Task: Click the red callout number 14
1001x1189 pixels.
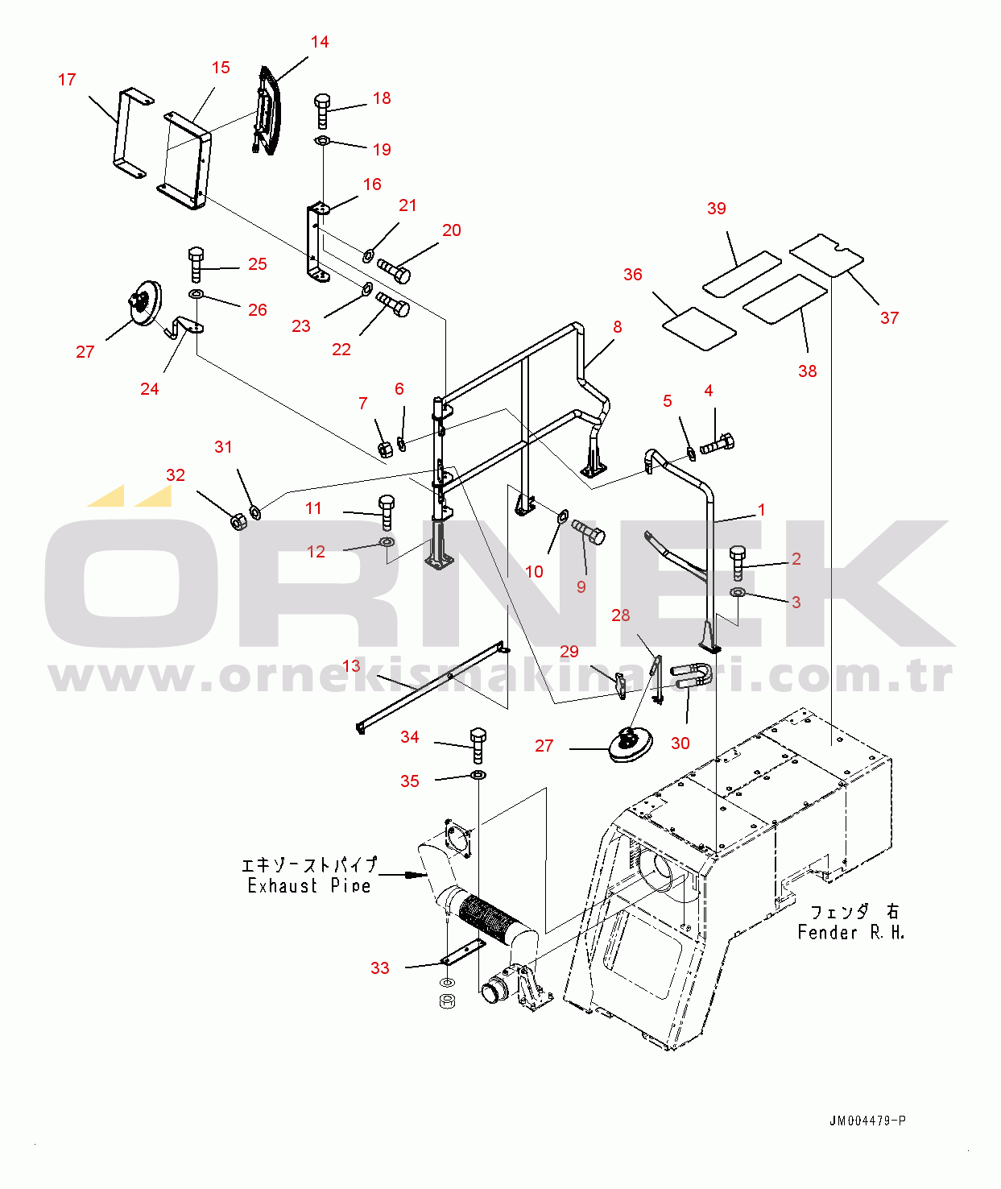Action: click(320, 42)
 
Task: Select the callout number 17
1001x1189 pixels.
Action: click(67, 80)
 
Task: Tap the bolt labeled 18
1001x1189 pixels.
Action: click(322, 111)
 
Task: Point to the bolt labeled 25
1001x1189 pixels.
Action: click(196, 264)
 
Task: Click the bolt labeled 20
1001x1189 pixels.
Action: click(394, 271)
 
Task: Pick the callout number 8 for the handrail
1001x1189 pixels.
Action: click(617, 327)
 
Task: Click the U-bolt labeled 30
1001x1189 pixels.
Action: click(689, 676)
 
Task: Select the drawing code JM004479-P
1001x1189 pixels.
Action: click(867, 1121)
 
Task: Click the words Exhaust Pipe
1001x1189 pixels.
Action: click(309, 886)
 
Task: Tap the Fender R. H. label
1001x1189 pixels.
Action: click(850, 933)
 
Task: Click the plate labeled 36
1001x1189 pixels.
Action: click(699, 329)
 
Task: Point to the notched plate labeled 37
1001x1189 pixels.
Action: click(826, 255)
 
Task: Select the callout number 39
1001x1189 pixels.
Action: click(716, 209)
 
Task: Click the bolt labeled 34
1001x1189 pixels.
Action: click(478, 745)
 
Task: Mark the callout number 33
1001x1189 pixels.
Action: click(380, 968)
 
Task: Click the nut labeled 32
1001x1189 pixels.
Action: click(238, 520)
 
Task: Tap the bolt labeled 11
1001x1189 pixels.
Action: click(387, 512)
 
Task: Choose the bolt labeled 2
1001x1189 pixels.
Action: click(738, 563)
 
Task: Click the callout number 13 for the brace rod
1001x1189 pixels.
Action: click(351, 665)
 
